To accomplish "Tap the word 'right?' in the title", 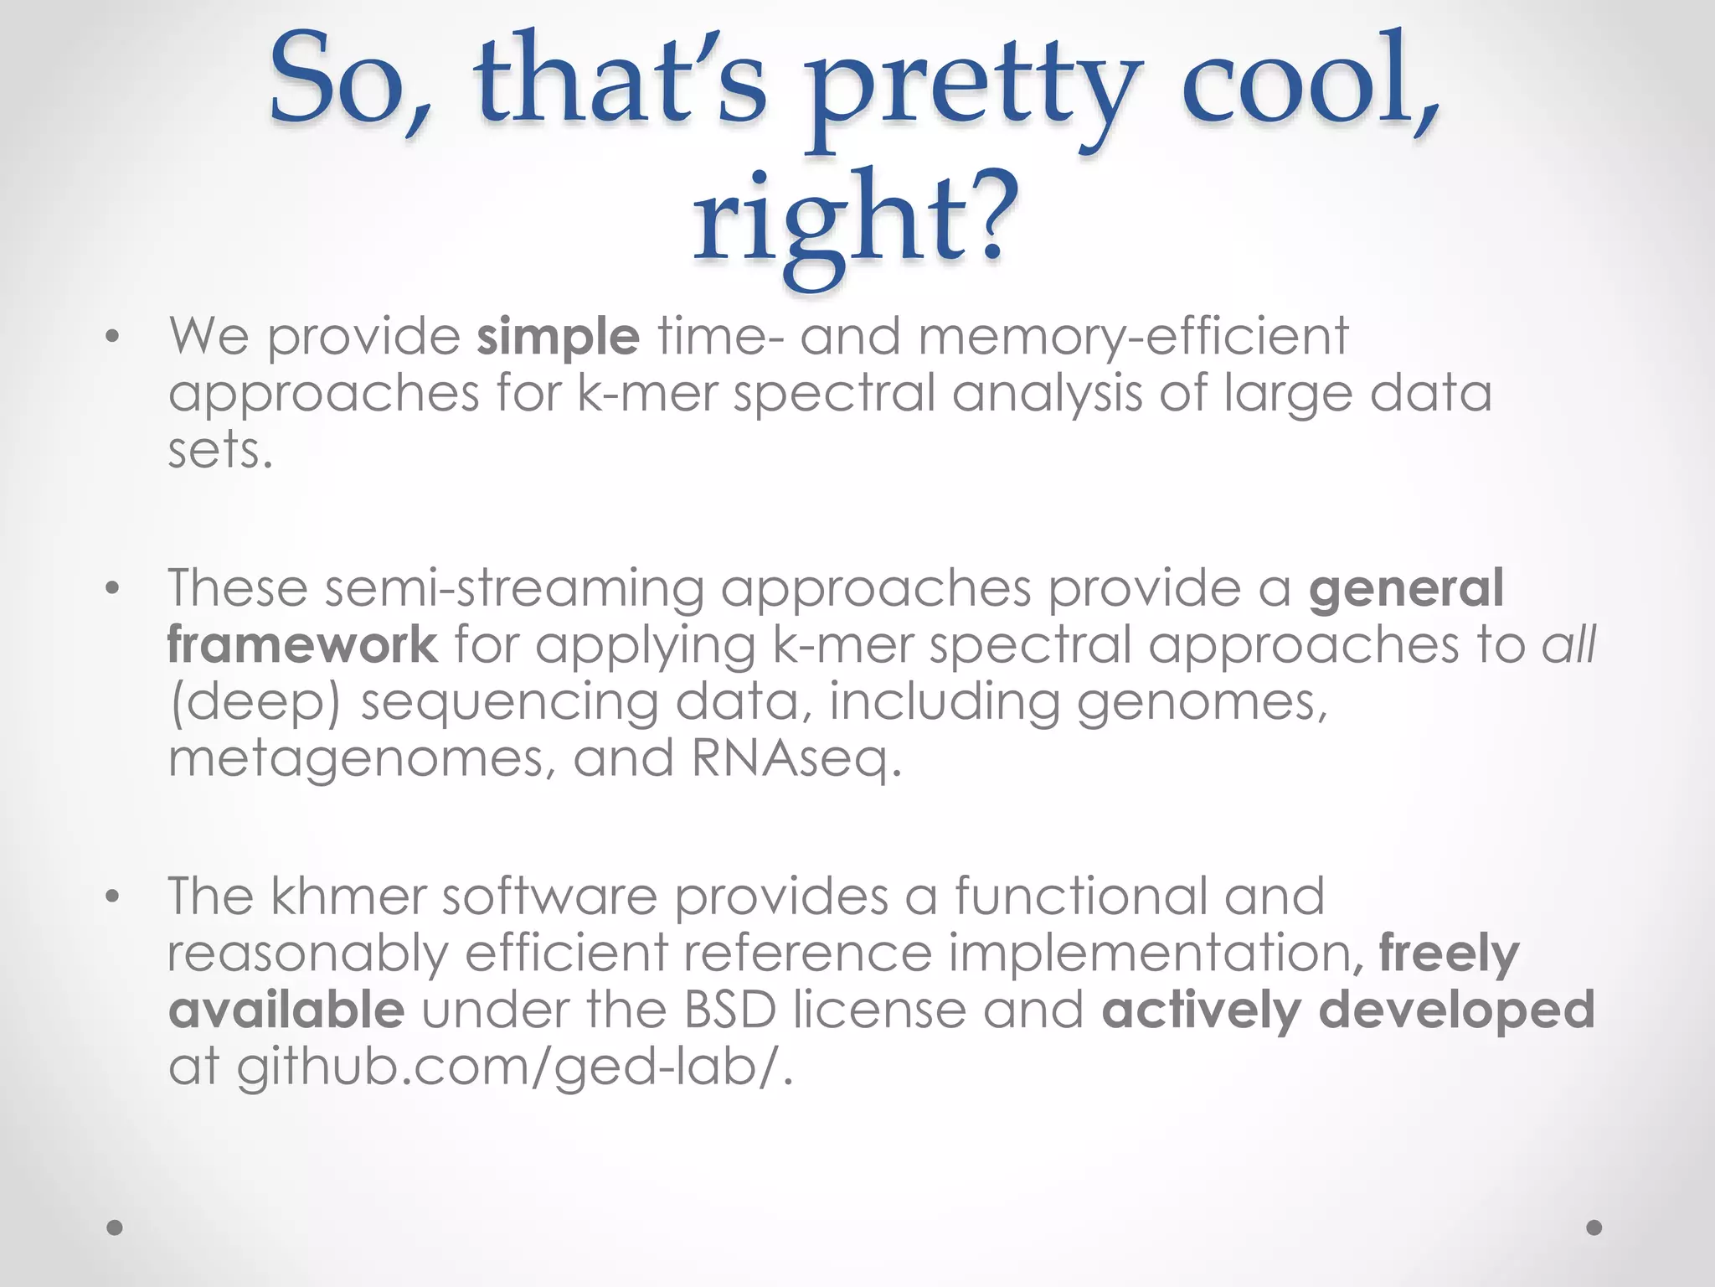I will (856, 222).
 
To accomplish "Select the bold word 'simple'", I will (558, 337).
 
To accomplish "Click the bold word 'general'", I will (1406, 588).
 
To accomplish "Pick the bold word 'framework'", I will (302, 644).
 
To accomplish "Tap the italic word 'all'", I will (1568, 644).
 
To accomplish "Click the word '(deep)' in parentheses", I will (255, 702).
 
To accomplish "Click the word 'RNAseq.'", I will (796, 758).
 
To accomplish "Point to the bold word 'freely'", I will (1449, 954).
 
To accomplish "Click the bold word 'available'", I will (286, 1010).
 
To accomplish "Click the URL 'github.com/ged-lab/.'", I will (513, 1067).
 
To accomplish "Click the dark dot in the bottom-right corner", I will (1594, 1228).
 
